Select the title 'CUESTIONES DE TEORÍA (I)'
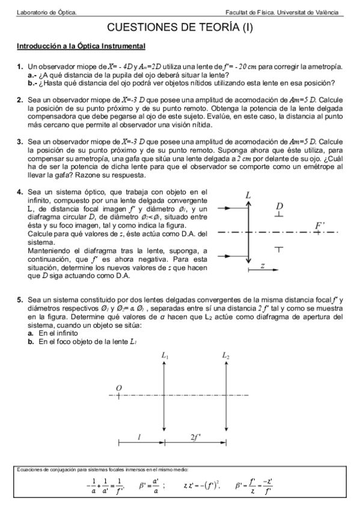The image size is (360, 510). coord(179,28)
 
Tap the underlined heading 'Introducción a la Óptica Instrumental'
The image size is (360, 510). coord(81,46)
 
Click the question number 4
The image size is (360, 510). coord(20,192)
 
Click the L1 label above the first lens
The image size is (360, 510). coord(165,356)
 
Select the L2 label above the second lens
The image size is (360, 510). coord(225,356)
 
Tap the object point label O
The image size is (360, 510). coord(118,388)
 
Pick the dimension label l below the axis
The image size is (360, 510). coord(139,437)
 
